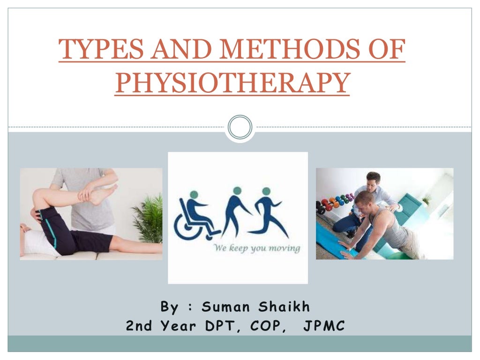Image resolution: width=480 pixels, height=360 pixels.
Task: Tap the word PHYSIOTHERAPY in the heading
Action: coord(232,83)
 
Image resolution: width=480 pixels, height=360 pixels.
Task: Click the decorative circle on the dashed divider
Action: coord(240,127)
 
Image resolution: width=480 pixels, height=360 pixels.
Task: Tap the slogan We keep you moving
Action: coord(257,248)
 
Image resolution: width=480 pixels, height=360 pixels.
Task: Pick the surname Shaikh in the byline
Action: coord(284,307)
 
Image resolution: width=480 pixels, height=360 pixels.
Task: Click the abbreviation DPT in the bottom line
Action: coord(219,326)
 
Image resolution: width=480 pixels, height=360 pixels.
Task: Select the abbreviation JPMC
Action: coord(324,326)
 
